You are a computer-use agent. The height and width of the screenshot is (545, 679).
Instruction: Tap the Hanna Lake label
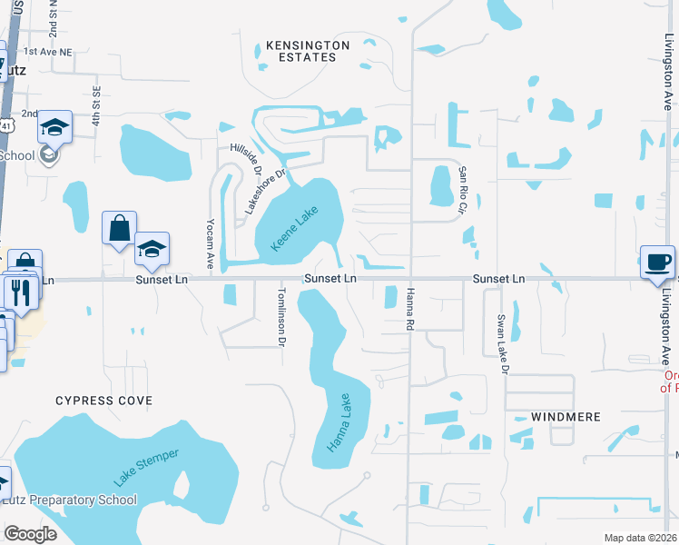(339, 422)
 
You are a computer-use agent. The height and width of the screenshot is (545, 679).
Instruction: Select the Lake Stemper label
(147, 466)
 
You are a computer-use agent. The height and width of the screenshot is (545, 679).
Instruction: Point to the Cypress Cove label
(104, 401)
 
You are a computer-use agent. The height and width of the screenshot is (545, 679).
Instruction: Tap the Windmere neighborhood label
(546, 417)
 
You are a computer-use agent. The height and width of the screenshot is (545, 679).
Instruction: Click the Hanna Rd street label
(410, 308)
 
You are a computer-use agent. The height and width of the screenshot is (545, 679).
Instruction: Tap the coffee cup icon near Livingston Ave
(657, 262)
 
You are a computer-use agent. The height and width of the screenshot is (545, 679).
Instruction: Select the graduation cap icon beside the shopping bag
(153, 249)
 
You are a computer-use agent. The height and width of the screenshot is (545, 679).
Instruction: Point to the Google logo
(30, 534)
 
